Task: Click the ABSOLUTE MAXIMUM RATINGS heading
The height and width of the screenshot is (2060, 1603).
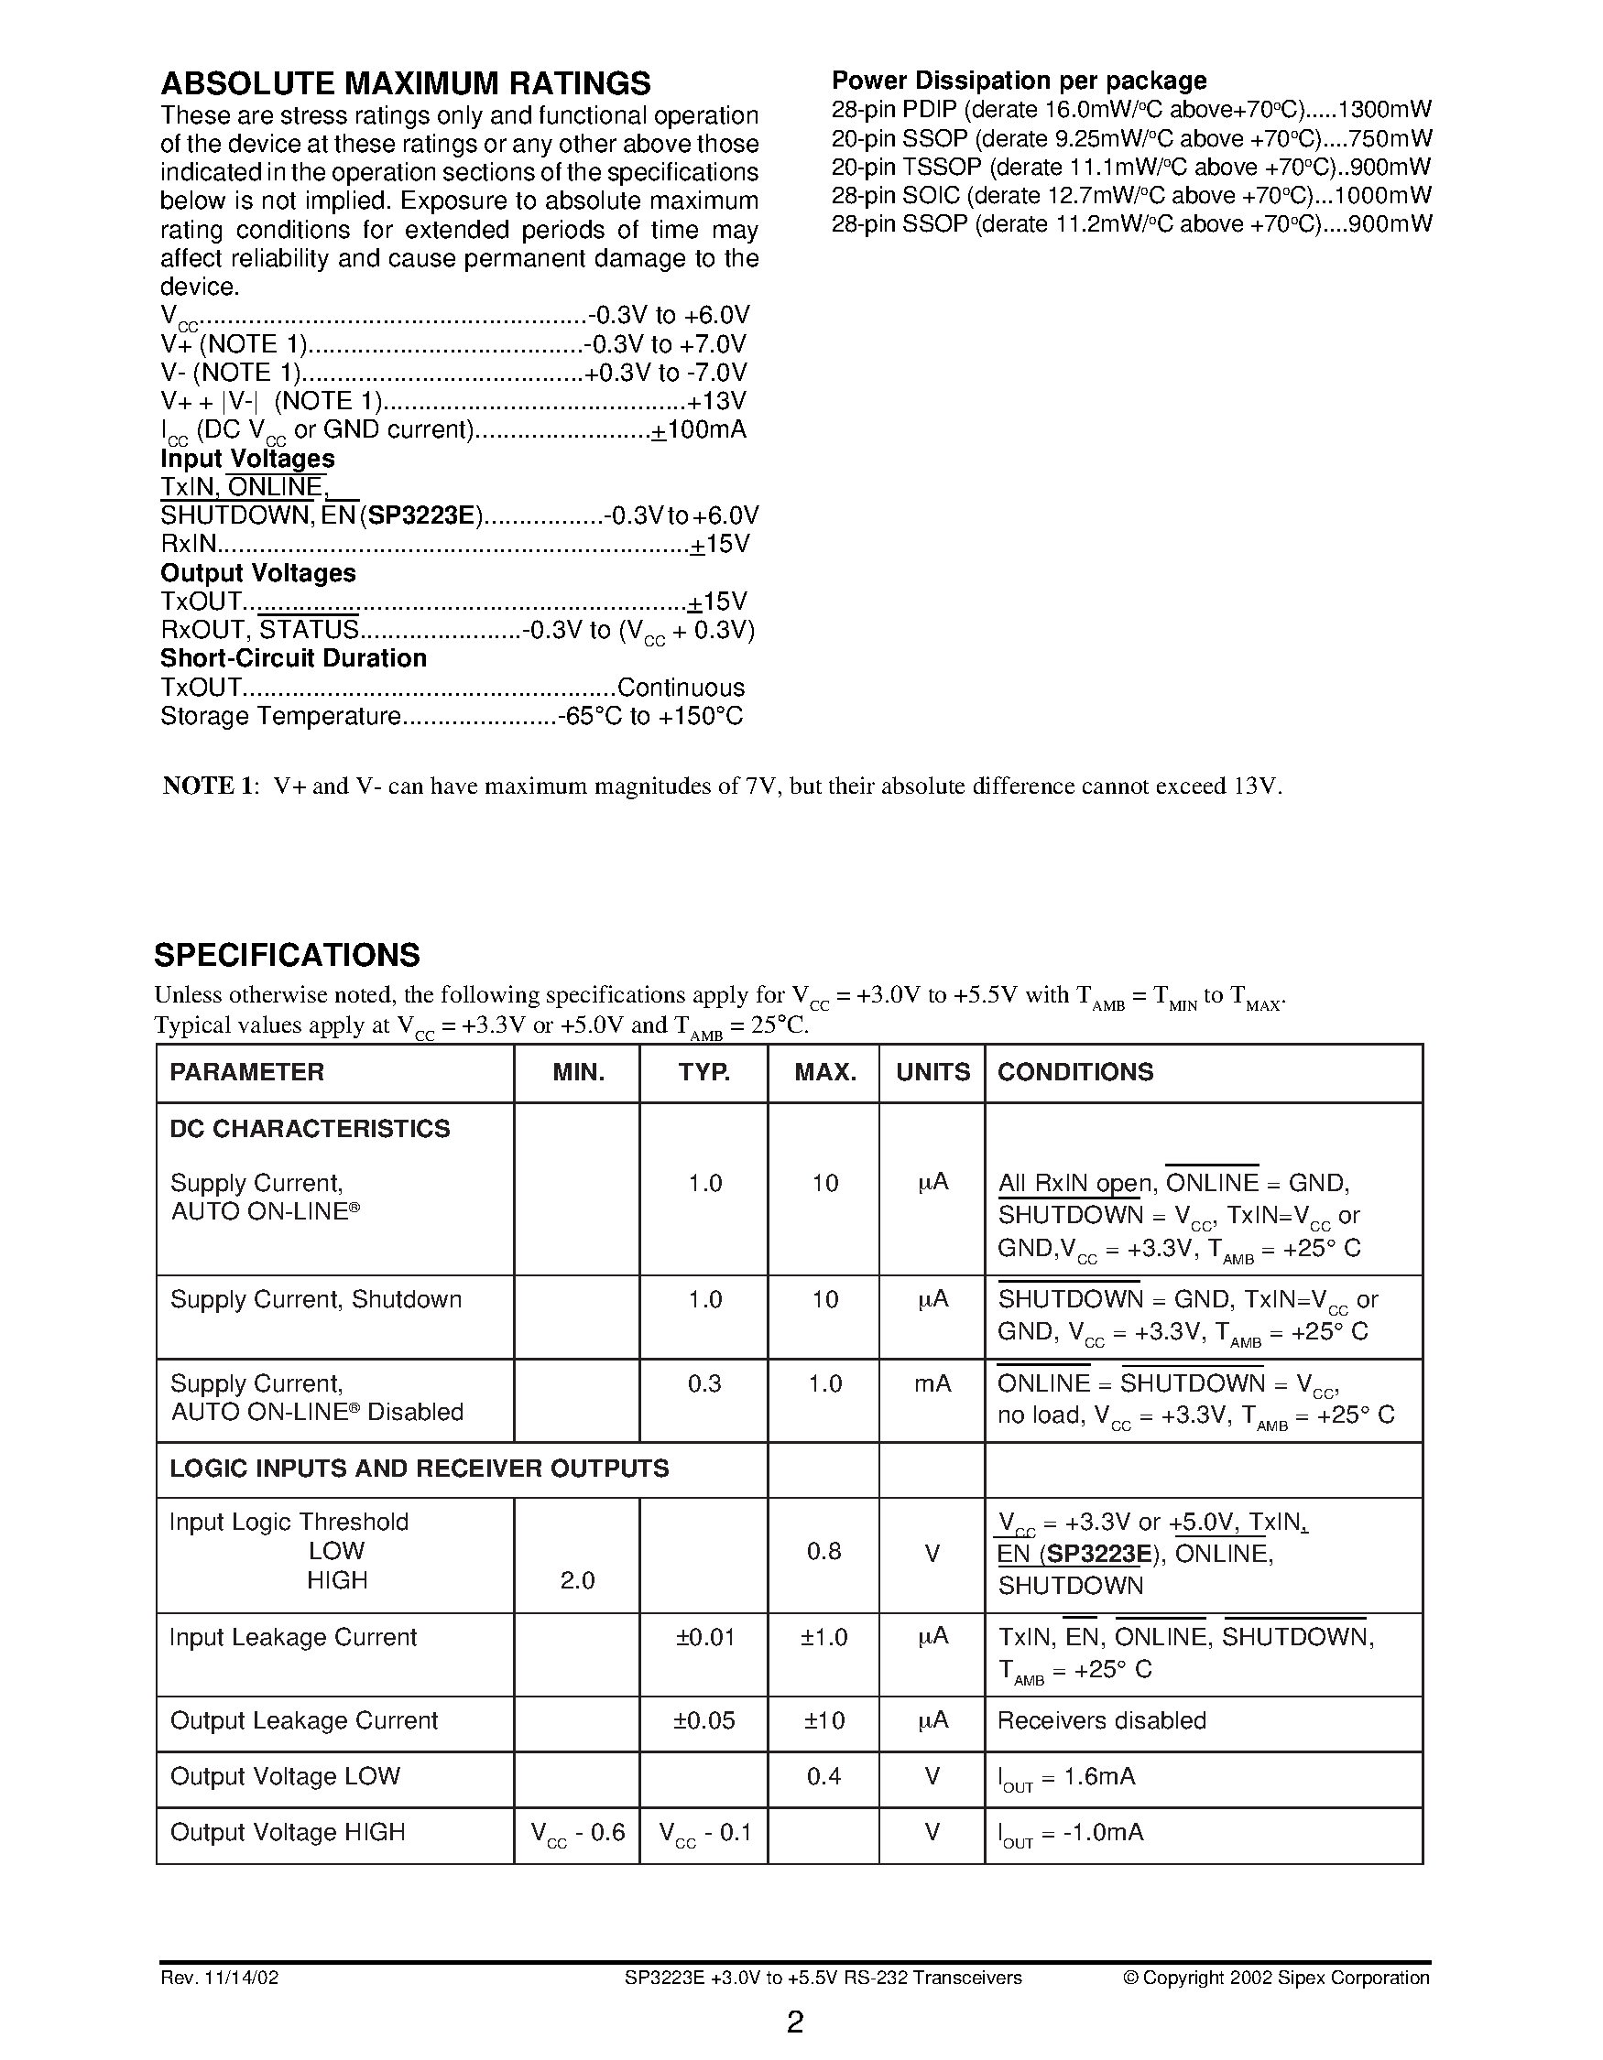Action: (406, 84)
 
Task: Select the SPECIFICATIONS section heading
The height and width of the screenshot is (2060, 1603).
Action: (287, 955)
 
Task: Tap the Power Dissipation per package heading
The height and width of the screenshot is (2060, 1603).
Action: (1019, 81)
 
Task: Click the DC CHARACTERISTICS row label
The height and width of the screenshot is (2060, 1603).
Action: (310, 1128)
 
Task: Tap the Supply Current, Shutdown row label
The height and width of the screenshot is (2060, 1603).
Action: (316, 1299)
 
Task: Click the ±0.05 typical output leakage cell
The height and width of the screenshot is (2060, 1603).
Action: (703, 1720)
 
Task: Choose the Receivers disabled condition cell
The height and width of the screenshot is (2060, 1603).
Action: (1101, 1720)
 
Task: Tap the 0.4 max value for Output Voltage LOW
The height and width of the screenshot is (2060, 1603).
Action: (823, 1776)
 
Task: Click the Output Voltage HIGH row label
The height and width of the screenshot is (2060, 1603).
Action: (287, 1832)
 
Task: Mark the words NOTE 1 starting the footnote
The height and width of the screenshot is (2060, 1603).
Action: (209, 786)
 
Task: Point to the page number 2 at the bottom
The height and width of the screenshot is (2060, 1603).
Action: (795, 2022)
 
